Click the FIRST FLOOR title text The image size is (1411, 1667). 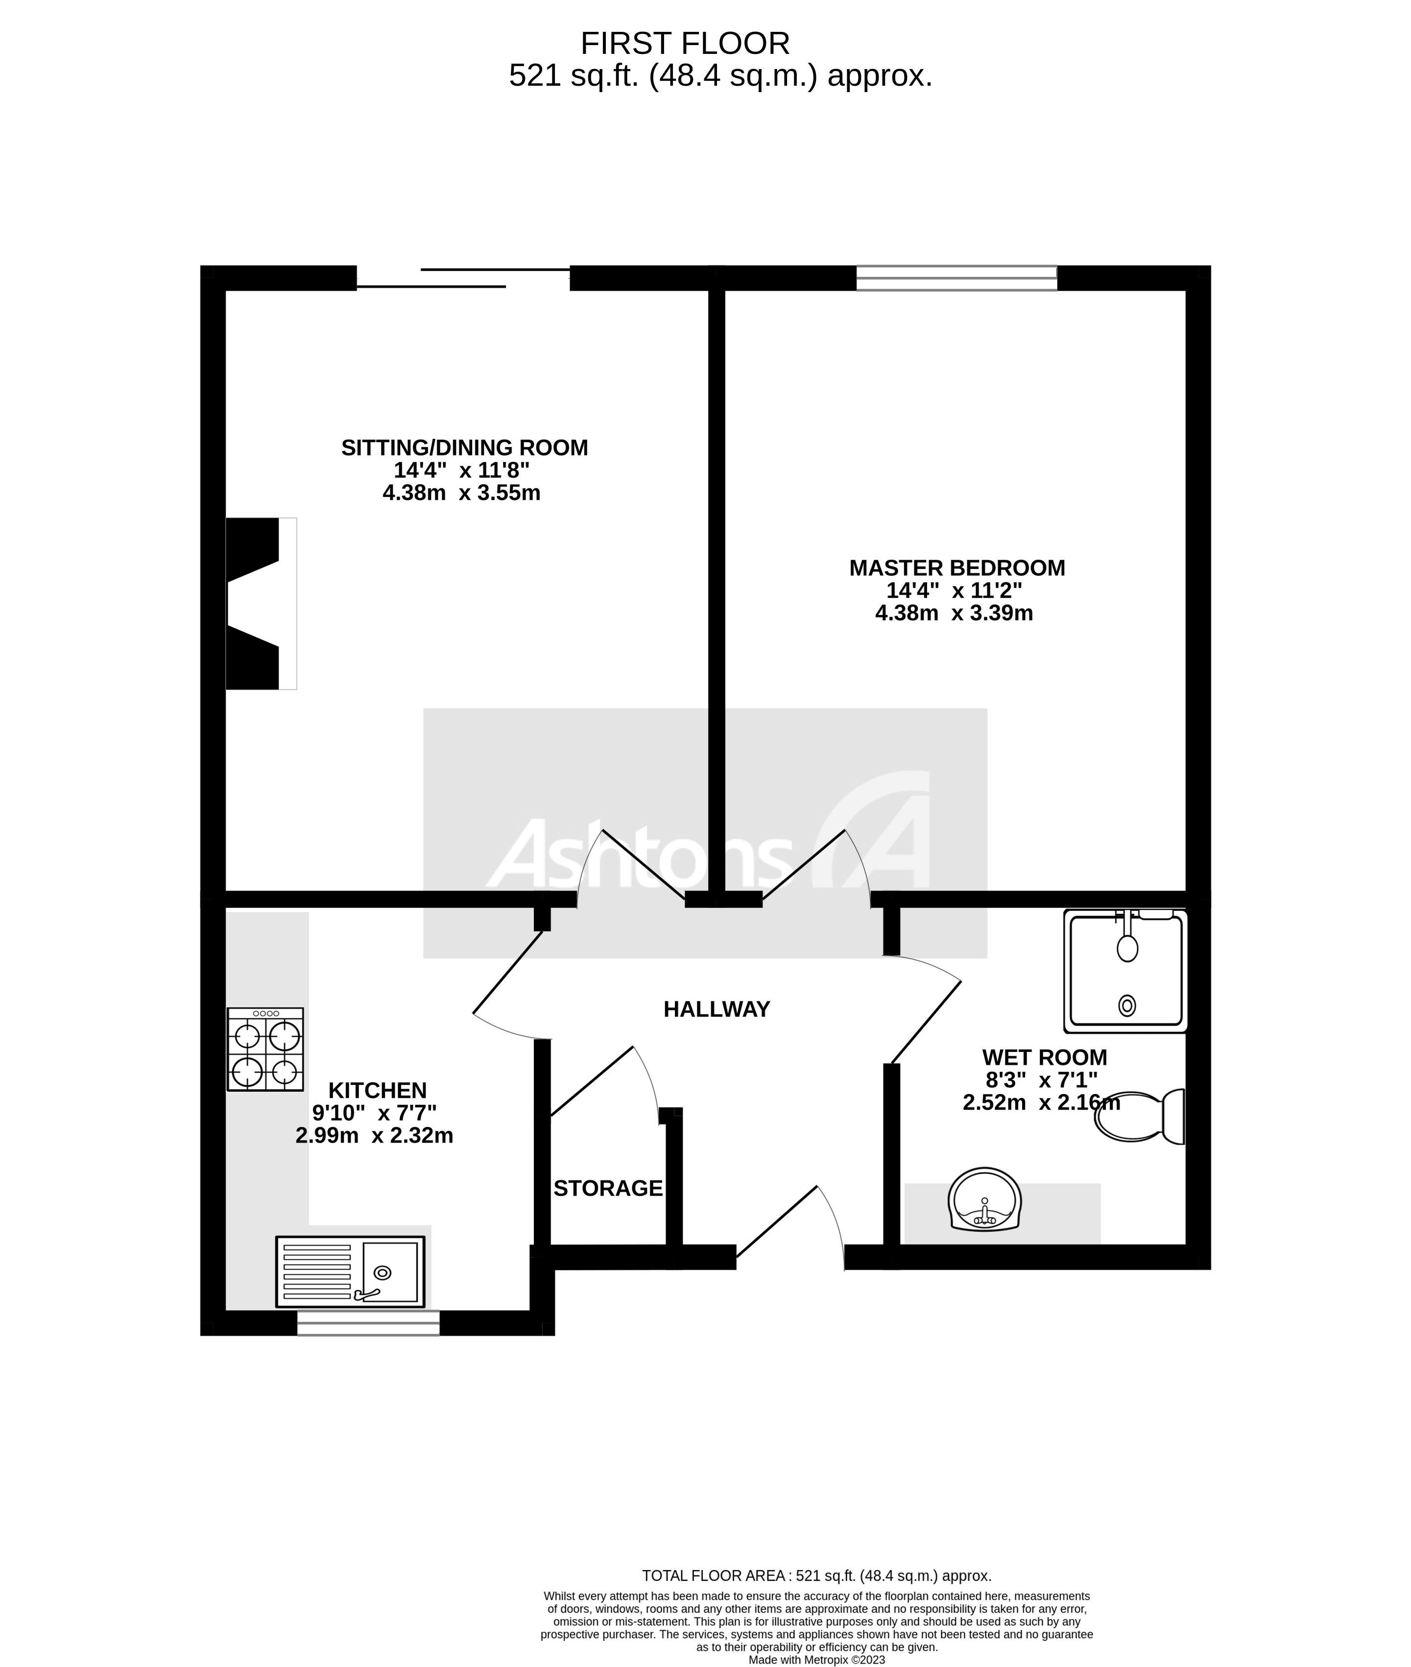(685, 43)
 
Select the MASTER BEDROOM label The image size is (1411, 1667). (957, 568)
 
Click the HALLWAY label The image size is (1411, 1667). (716, 1009)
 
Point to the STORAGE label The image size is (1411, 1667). (608, 1189)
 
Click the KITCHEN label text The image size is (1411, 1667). (378, 1090)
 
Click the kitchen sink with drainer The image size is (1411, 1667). (350, 1272)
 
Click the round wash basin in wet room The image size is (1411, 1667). (984, 1200)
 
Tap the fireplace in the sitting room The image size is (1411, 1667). (260, 604)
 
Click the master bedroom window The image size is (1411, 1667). (956, 278)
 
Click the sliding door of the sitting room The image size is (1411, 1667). (464, 278)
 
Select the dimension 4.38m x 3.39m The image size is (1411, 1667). (954, 614)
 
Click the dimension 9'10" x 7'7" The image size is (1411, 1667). (374, 1113)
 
